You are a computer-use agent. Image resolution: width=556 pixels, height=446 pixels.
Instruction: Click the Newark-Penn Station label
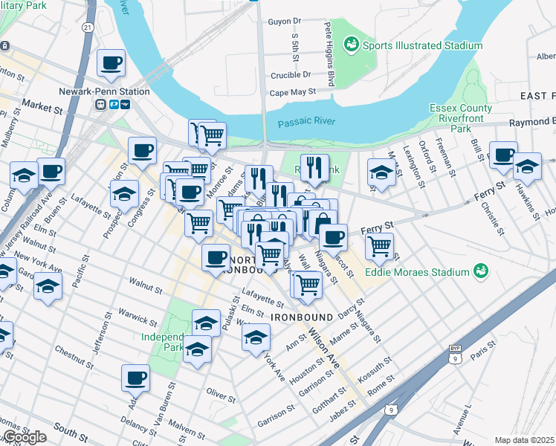tap(104, 91)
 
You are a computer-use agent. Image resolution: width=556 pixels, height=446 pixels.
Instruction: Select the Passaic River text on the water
tap(306, 121)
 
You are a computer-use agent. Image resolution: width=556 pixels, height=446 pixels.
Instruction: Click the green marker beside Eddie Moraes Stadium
tap(481, 272)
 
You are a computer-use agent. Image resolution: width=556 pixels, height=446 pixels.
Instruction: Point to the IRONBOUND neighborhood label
tap(300, 317)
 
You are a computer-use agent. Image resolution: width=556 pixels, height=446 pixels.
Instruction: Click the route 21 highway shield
tap(88, 28)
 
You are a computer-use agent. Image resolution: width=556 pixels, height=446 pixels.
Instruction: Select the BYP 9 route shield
tap(455, 354)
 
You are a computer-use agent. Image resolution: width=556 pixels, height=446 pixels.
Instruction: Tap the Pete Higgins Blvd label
tap(327, 54)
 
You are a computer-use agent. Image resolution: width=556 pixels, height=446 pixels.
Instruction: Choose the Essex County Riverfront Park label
tap(461, 118)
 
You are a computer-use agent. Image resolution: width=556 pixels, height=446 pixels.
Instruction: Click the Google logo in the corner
tap(24, 437)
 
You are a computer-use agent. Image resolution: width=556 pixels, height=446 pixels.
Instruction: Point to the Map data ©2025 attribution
tap(525, 440)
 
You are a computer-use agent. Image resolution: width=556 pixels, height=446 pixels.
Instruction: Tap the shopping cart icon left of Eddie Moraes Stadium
tap(379, 245)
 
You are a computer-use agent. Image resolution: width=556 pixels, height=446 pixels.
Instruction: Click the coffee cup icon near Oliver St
tap(136, 378)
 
